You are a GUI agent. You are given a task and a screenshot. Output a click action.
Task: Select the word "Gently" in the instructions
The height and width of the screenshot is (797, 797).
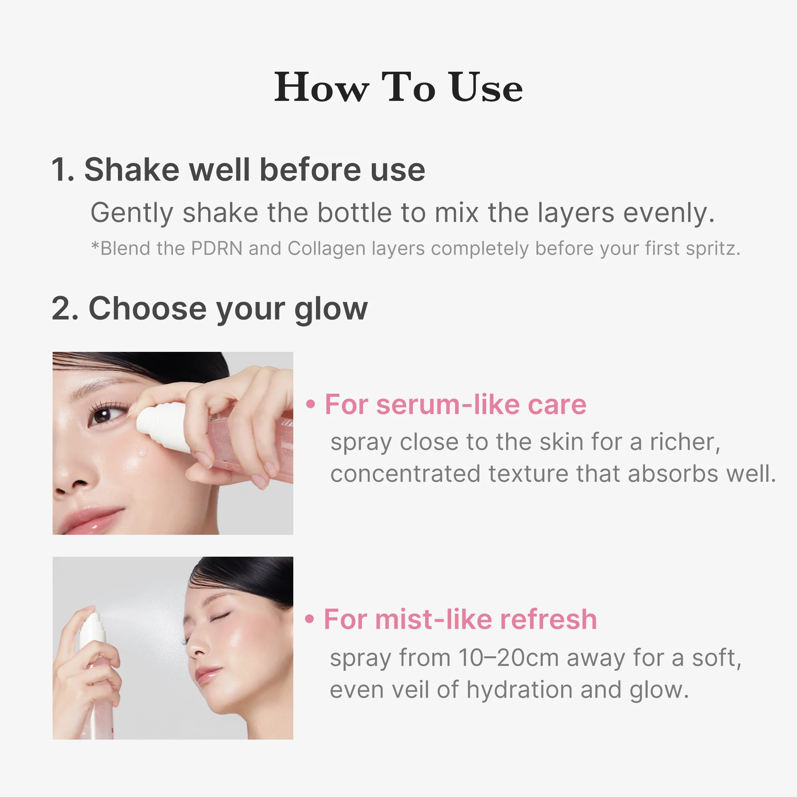132,213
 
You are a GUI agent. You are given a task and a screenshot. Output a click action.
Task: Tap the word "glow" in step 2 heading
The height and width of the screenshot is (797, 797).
331,309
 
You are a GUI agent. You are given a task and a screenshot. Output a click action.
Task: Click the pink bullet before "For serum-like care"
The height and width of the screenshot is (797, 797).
310,404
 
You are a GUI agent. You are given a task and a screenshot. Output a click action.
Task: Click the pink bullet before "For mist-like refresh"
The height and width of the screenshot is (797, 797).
310,619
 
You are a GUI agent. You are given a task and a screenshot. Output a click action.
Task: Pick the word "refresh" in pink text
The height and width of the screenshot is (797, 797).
549,619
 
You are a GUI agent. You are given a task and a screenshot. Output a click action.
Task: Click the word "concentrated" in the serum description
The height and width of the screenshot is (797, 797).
405,473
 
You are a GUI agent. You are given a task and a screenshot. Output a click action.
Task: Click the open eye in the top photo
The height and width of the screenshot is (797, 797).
103,414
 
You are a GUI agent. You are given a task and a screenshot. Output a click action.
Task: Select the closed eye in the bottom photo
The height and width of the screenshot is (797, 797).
219,618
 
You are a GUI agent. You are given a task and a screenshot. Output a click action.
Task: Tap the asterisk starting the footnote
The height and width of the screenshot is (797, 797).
95,246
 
